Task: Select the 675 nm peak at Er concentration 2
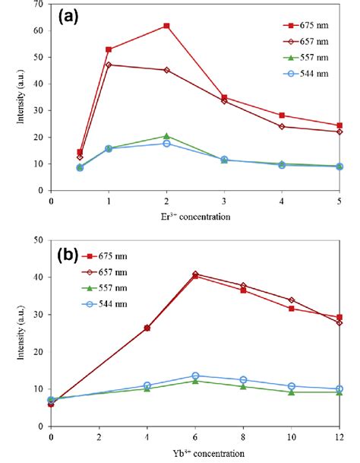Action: tap(166, 26)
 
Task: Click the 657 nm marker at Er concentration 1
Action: tap(109, 65)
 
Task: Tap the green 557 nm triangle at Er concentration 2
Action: tap(166, 136)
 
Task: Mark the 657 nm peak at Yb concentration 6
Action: tap(195, 274)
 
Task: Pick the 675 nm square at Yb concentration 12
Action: tap(339, 317)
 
